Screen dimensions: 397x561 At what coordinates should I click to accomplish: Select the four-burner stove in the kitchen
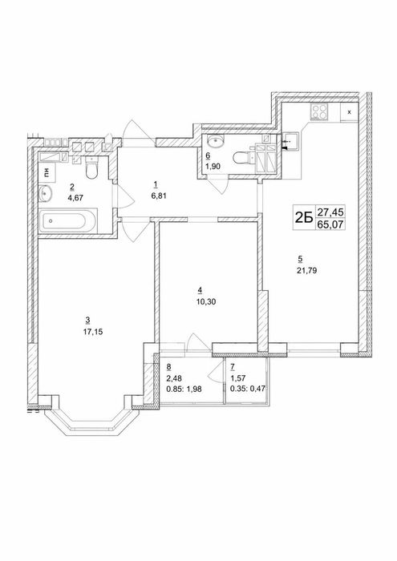[319, 111]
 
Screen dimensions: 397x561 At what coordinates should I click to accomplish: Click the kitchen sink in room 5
[290, 141]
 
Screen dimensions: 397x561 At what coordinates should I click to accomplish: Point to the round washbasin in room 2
[46, 193]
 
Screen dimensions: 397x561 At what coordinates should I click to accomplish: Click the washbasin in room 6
[216, 140]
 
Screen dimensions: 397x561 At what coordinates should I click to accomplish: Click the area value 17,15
[93, 332]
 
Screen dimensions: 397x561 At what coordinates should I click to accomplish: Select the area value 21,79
[306, 271]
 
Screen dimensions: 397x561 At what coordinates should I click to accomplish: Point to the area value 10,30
[206, 301]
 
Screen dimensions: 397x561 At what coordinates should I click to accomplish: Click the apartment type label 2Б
[304, 218]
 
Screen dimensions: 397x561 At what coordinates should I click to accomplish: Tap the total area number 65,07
[330, 224]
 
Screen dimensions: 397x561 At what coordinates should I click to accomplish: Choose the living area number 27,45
[330, 212]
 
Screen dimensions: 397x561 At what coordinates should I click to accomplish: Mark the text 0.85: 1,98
[184, 389]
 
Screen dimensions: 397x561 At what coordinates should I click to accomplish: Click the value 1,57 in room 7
[238, 377]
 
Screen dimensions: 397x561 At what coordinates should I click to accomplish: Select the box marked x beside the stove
[349, 112]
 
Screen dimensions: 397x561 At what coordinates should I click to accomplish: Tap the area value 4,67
[75, 197]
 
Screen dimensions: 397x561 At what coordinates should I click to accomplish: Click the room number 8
[168, 367]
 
